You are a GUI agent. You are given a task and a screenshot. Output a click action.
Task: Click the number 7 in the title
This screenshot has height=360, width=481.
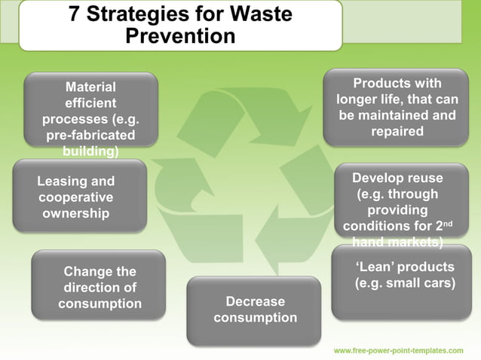pos(75,14)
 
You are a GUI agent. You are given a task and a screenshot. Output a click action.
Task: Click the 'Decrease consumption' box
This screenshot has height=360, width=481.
pos(255,310)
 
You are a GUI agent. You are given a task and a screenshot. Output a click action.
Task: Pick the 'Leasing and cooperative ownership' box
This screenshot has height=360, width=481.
pos(79,196)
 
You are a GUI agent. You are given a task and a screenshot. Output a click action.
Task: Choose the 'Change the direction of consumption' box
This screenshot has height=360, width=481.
pos(98,286)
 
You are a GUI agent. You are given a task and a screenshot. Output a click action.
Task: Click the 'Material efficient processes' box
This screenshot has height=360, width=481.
pos(90,109)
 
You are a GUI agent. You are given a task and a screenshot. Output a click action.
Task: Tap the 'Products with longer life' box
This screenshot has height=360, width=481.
pos(397,106)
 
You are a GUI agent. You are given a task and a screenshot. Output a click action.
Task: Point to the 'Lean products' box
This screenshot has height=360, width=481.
pos(406,282)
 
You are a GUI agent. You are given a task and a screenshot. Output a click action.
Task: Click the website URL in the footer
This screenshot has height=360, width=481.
pos(398,351)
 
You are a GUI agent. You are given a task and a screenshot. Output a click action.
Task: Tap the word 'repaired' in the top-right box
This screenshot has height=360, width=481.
pos(397,131)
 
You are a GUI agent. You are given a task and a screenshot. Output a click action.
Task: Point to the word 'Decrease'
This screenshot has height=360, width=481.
pos(255,301)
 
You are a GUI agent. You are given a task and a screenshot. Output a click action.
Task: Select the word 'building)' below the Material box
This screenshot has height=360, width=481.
pos(90,151)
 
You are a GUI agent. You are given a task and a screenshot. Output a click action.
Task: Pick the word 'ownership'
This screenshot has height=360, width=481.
pos(75,213)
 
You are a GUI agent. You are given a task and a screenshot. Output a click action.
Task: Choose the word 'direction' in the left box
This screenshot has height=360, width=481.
pos(100,288)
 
